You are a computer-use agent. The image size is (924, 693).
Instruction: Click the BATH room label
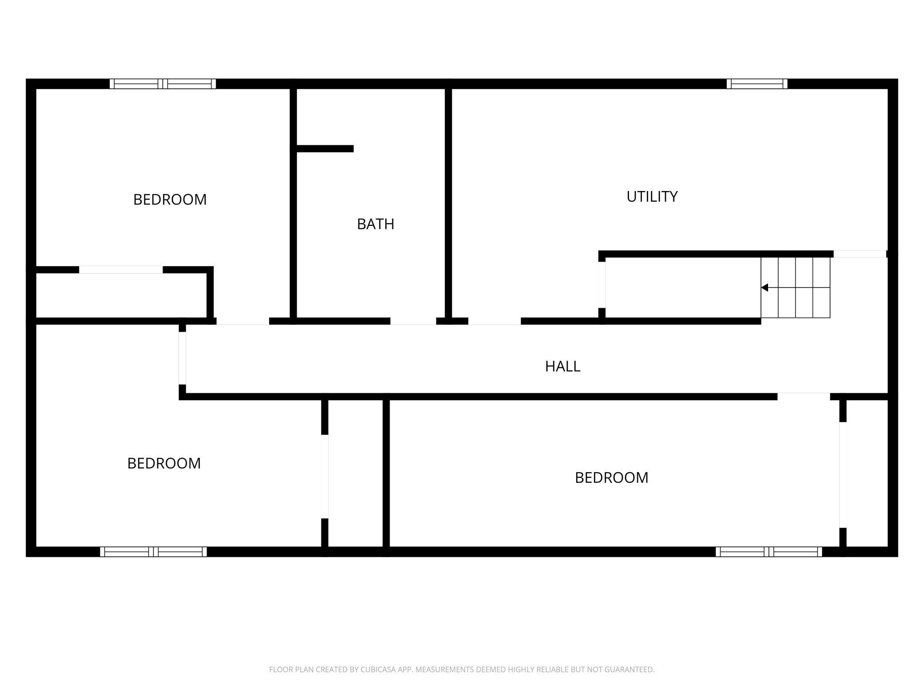pos(375,224)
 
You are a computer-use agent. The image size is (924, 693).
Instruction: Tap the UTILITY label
pos(652,196)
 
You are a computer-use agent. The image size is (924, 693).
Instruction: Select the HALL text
pos(562,366)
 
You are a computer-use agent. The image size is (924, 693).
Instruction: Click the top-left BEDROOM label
pos(170,199)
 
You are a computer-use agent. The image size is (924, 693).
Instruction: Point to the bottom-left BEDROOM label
pos(164,463)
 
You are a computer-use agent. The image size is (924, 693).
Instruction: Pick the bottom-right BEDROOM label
pos(611,478)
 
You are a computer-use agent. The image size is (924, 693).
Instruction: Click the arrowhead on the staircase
pos(765,287)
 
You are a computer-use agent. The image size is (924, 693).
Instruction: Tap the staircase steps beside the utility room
pos(795,287)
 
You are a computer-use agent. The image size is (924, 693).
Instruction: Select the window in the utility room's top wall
pos(757,84)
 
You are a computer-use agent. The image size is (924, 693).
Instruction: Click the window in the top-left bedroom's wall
pos(163,84)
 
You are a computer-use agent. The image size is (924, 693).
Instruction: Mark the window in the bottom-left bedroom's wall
pos(153,552)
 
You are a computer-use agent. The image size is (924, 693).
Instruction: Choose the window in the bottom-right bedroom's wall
pos(769,552)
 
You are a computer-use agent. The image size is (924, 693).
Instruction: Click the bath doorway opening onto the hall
pos(413,321)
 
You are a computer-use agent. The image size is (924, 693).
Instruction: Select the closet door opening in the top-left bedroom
pos(121,270)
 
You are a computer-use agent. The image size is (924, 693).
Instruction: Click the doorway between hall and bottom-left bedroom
pos(182,358)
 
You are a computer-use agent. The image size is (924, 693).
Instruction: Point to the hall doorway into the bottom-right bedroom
pos(804,396)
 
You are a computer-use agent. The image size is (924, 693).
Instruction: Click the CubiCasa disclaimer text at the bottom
pos(462,669)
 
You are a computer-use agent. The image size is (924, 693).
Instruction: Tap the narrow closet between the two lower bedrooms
pos(355,473)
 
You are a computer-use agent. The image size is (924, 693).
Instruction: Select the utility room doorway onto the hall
pos(494,321)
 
